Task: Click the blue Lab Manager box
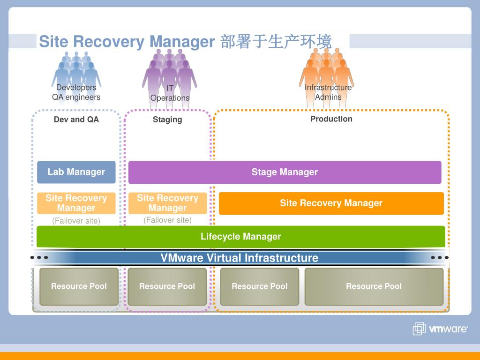(76, 172)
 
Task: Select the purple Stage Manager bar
(285, 172)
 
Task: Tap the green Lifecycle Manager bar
(240, 236)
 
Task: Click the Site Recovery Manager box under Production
(331, 203)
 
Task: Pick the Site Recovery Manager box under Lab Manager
(76, 203)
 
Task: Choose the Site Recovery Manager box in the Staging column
(167, 203)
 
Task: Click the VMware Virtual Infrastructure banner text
(240, 258)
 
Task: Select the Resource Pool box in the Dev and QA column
(79, 286)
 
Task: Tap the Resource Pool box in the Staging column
(167, 286)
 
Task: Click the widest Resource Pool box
(374, 286)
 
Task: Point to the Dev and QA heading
(76, 120)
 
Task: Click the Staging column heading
(167, 120)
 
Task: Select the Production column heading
(331, 119)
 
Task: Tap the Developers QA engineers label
(76, 92)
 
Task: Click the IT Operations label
(170, 93)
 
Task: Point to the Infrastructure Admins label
(328, 92)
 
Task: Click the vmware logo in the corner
(440, 329)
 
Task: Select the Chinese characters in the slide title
(276, 41)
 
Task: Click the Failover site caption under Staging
(167, 220)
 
